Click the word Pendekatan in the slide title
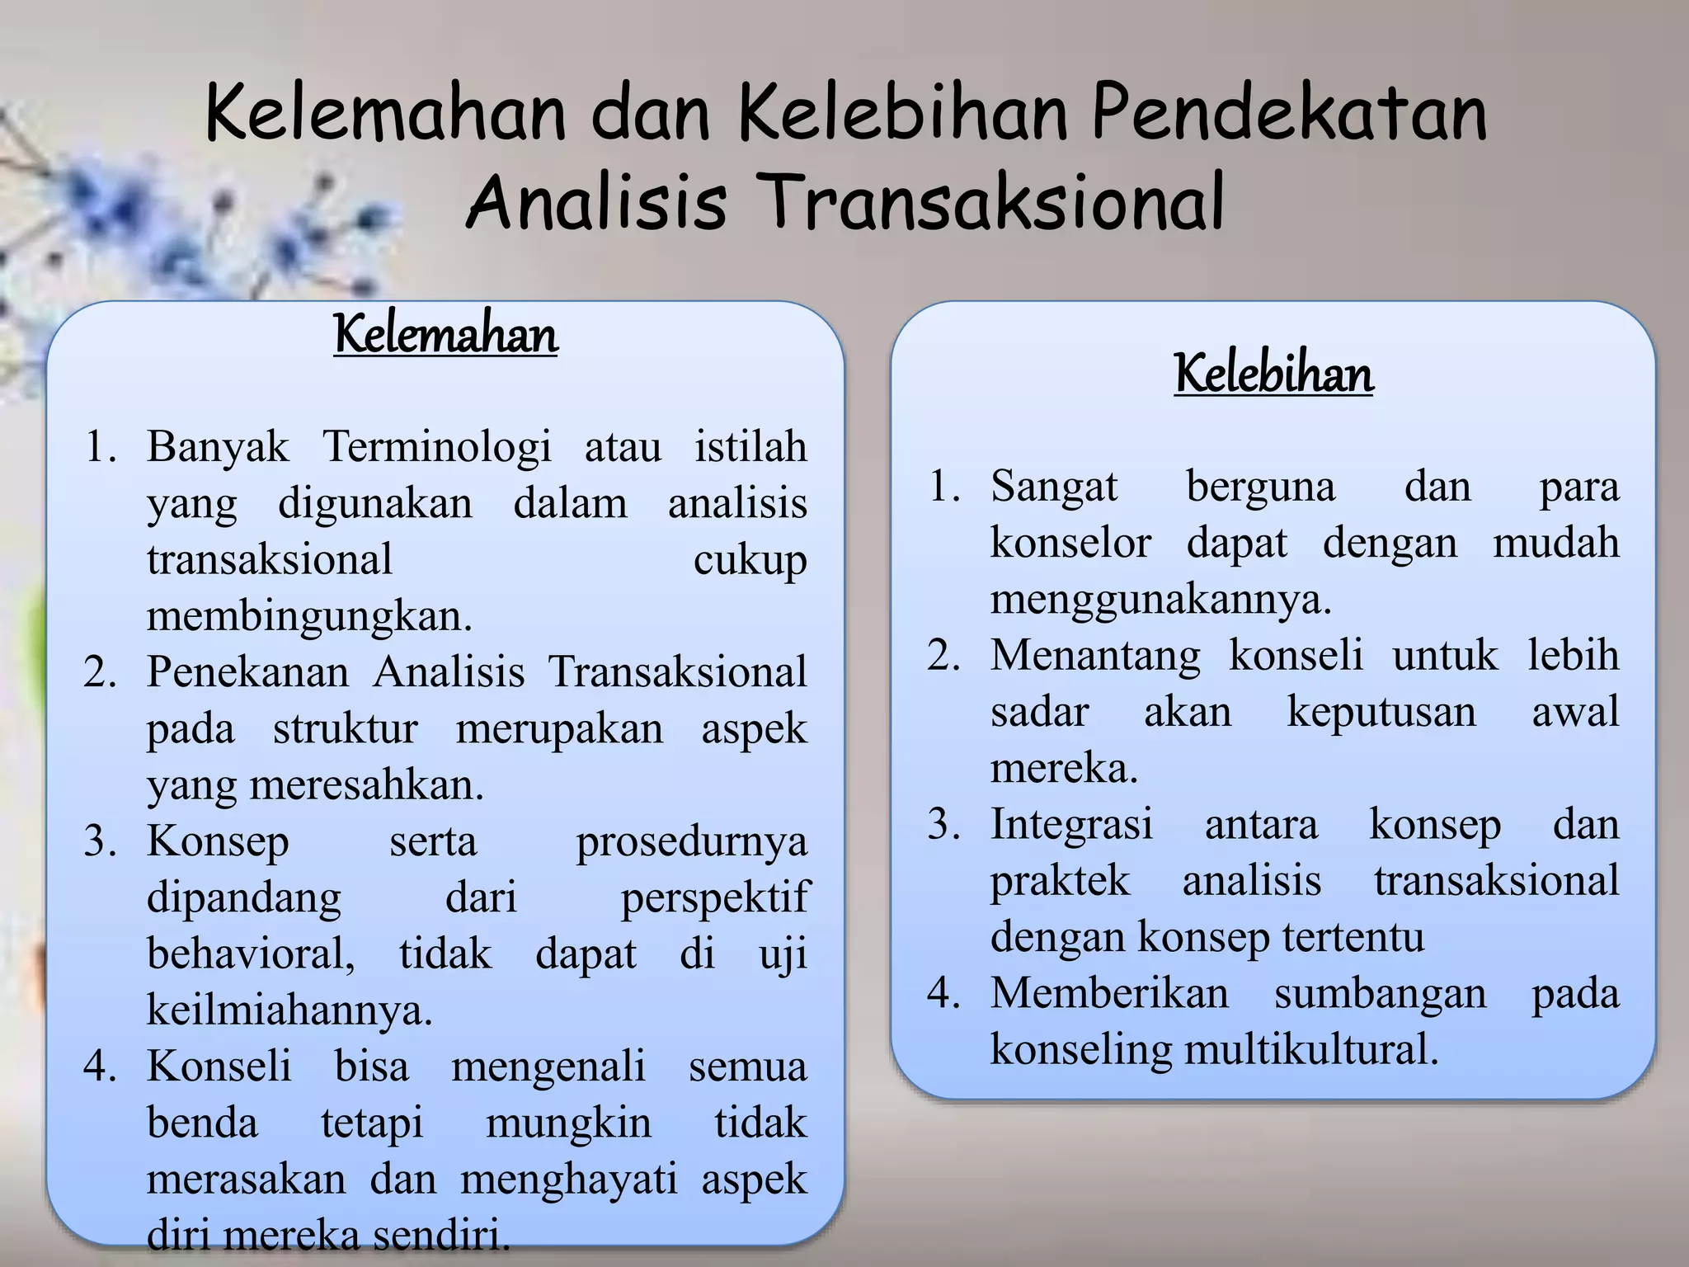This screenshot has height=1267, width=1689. coord(1289,114)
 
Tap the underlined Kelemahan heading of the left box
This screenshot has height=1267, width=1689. coord(445,335)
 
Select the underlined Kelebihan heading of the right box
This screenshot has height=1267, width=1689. coord(1273,374)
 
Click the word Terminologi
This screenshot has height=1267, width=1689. coord(436,448)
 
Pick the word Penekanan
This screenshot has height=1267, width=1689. coord(247,671)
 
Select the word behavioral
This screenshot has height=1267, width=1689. coord(251,954)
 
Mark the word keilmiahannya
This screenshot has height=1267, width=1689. coord(289,1010)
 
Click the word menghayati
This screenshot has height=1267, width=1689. coord(568,1180)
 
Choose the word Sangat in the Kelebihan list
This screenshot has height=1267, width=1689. coord(1053,486)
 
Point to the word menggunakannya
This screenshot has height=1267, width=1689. coord(1160,598)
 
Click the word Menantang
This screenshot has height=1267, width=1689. coord(1095,656)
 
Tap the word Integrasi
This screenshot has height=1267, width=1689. coord(1071,824)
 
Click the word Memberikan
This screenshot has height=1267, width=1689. coord(1109,993)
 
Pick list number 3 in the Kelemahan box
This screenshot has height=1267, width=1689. coord(99,842)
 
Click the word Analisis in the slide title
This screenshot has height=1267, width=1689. coord(596,203)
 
